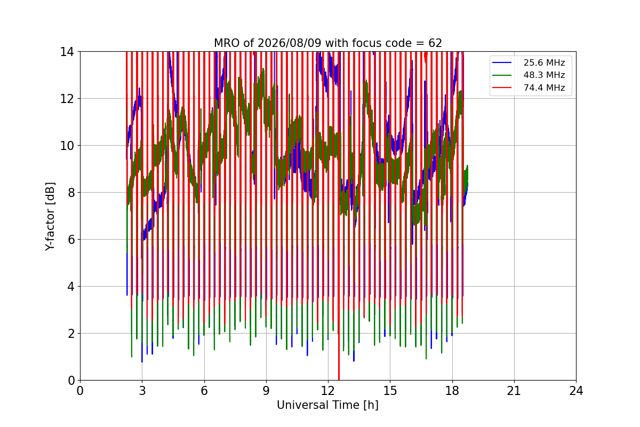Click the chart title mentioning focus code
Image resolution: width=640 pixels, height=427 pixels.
click(x=327, y=43)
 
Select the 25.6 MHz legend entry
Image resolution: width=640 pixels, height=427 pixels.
click(x=529, y=62)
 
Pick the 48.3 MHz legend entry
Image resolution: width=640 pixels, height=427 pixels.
click(x=529, y=75)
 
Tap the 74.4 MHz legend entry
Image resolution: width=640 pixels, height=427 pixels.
click(x=529, y=88)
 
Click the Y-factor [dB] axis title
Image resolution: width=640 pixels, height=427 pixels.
click(x=50, y=217)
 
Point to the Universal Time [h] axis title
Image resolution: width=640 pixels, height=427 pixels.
click(x=327, y=405)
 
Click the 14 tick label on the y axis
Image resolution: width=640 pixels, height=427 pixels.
click(x=67, y=52)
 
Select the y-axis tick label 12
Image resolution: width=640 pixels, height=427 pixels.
click(x=67, y=99)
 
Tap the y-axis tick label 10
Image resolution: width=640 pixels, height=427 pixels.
click(x=67, y=146)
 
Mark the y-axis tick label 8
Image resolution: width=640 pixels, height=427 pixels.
click(x=71, y=193)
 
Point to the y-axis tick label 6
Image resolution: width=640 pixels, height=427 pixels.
click(x=71, y=240)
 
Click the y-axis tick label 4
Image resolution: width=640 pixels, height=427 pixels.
click(x=71, y=287)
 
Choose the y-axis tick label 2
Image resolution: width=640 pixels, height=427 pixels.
click(x=71, y=334)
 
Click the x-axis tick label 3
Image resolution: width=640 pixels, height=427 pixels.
click(x=142, y=391)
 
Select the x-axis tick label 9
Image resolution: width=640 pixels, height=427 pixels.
click(x=266, y=391)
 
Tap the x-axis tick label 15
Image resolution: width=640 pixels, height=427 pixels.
click(x=390, y=391)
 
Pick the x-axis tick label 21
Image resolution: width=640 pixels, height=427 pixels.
click(x=514, y=391)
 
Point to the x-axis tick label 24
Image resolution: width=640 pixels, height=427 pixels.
click(x=576, y=391)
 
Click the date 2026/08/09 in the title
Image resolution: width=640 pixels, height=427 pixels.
click(x=289, y=43)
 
